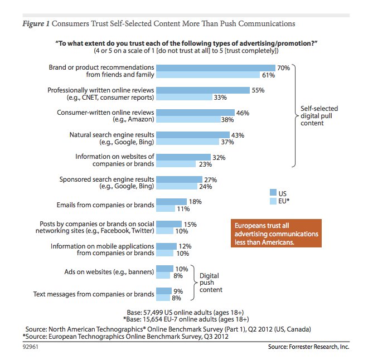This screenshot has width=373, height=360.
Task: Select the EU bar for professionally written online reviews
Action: (x=184, y=97)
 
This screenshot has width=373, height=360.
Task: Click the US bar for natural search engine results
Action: (x=192, y=134)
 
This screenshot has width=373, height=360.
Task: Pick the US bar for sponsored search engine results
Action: (x=179, y=179)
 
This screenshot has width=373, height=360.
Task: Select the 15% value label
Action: (x=190, y=224)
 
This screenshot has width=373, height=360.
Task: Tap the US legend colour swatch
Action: (x=273, y=192)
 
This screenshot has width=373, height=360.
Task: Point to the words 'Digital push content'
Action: (x=211, y=282)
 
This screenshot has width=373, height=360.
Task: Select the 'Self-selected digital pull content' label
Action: (x=315, y=116)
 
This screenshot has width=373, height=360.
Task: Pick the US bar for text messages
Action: (x=164, y=290)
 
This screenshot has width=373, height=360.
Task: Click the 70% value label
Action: (x=283, y=67)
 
